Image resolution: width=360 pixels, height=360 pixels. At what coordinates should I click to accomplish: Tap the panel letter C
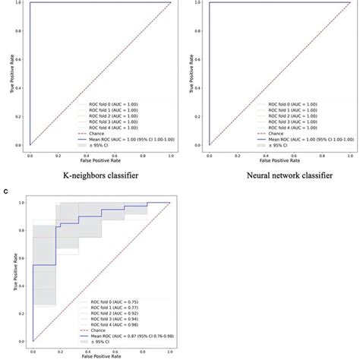coord(8,192)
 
